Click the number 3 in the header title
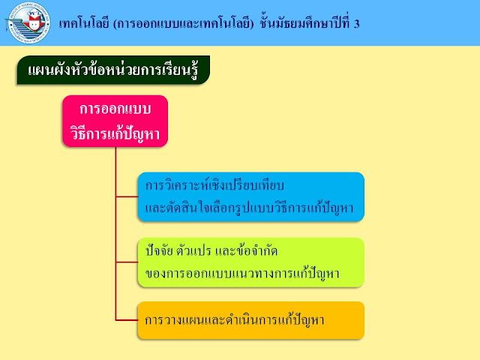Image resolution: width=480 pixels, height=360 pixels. [356, 23]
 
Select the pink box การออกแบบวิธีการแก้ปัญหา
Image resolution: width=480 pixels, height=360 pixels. [115, 121]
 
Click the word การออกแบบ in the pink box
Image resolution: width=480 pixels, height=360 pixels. [115, 109]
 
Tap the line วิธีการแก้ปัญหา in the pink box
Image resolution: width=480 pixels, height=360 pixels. [115, 133]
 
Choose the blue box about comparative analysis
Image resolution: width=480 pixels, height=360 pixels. [250, 196]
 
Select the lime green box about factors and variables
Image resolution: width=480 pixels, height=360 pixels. [250, 262]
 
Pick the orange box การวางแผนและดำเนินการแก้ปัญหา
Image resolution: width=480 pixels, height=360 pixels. [250, 319]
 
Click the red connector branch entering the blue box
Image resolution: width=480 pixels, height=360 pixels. [126, 196]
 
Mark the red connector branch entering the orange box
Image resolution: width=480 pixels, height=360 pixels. [126, 319]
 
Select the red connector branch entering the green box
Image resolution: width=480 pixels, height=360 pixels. [126, 262]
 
